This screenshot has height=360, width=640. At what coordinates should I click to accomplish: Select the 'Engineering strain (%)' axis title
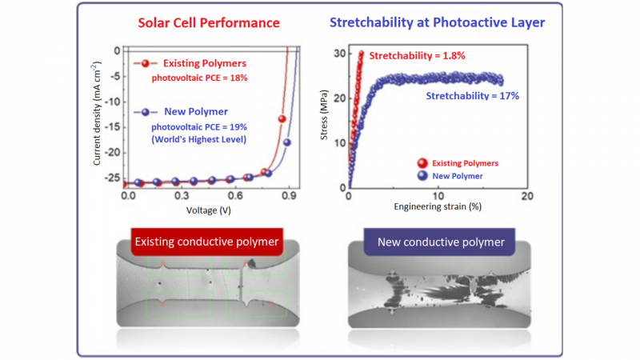pos(437,206)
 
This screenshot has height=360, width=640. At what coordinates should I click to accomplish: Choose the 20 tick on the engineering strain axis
pos(526,196)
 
